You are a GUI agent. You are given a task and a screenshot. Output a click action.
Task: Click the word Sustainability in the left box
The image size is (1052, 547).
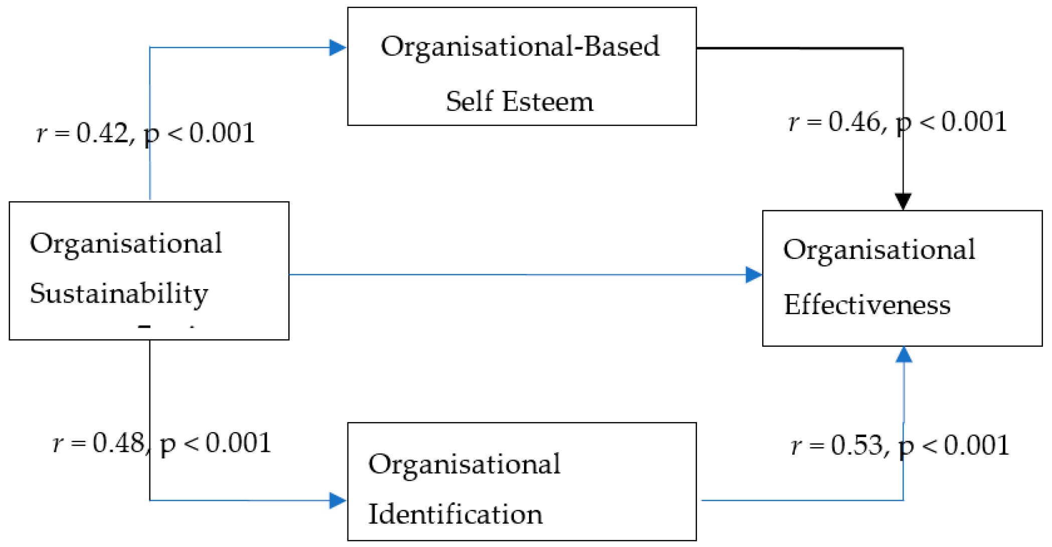click(x=119, y=294)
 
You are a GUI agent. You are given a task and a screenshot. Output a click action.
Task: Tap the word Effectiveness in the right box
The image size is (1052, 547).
click(x=867, y=305)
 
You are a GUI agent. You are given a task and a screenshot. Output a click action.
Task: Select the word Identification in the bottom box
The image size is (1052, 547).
click(x=455, y=514)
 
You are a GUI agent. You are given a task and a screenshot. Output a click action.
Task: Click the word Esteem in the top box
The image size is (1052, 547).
click(x=548, y=101)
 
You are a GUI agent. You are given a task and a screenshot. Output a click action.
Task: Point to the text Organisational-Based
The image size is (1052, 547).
click(x=520, y=47)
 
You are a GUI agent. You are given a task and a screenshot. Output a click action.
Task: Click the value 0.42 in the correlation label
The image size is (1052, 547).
click(x=102, y=133)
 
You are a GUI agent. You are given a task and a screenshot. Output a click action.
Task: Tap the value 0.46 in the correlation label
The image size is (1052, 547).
click(x=854, y=122)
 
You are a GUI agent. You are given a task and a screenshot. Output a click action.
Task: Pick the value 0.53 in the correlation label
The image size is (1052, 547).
click(x=857, y=445)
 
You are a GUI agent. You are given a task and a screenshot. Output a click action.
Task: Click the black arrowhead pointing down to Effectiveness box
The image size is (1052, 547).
click(x=903, y=201)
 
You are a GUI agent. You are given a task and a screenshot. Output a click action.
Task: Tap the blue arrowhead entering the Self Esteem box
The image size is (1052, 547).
click(x=337, y=48)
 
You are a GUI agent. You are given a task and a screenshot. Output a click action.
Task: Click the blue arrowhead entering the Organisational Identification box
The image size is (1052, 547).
click(x=337, y=500)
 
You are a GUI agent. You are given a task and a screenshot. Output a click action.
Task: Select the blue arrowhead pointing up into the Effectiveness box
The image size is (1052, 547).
click(x=904, y=354)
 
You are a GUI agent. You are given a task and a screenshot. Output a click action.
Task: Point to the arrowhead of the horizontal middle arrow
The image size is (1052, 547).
click(x=754, y=275)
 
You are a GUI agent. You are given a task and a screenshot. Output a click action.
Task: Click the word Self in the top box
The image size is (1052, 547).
click(x=469, y=101)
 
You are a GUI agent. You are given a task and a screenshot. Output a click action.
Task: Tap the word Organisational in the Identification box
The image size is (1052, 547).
click(x=464, y=464)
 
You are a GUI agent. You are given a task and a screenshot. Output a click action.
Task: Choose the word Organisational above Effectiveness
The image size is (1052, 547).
click(x=879, y=249)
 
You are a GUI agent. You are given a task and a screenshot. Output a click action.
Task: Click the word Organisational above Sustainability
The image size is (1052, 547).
click(x=126, y=243)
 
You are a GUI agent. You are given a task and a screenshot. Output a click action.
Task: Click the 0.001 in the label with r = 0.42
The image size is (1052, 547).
click(x=222, y=133)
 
